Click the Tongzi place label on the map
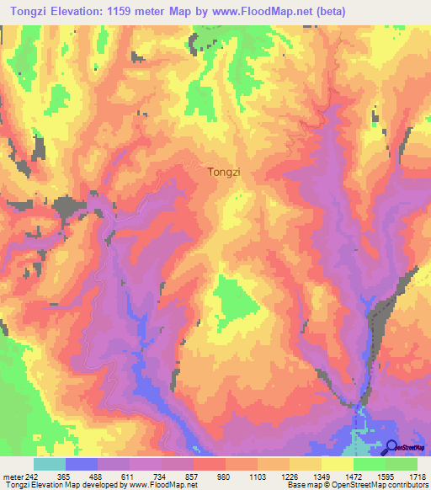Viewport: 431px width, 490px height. [224, 172]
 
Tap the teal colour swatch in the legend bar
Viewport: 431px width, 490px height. [50, 464]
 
